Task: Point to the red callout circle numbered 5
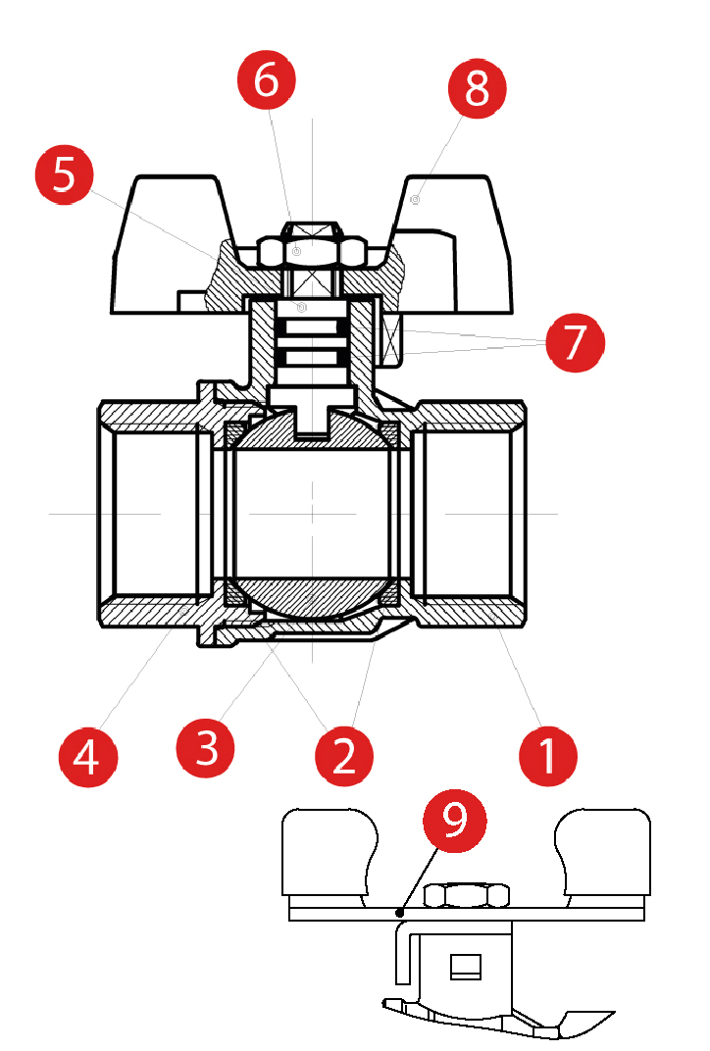[x=64, y=175]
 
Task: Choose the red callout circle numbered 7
[x=576, y=343]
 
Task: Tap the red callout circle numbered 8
[x=477, y=90]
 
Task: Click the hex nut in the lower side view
[x=468, y=895]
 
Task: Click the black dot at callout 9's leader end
[x=400, y=914]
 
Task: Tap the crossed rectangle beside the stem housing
[x=393, y=342]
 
